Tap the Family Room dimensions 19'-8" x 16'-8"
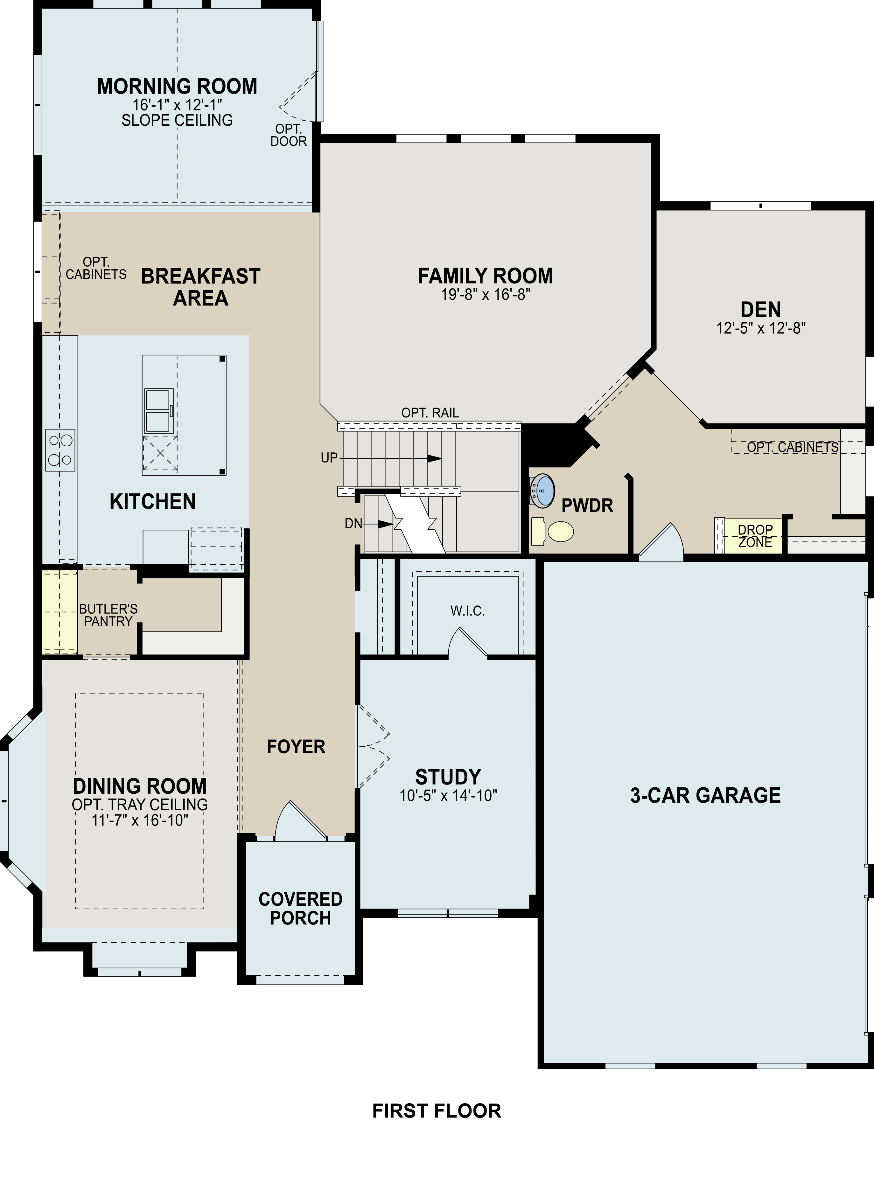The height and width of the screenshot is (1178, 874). (486, 295)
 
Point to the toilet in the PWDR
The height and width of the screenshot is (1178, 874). (553, 532)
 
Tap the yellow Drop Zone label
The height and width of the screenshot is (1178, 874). (755, 535)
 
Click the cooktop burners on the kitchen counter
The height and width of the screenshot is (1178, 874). (60, 450)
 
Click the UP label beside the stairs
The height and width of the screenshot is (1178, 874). (329, 457)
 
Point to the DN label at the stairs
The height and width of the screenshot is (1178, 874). (353, 524)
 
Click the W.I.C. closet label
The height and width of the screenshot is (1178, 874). (468, 611)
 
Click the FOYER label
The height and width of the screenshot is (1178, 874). (296, 747)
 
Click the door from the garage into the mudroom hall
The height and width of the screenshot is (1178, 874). (662, 542)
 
